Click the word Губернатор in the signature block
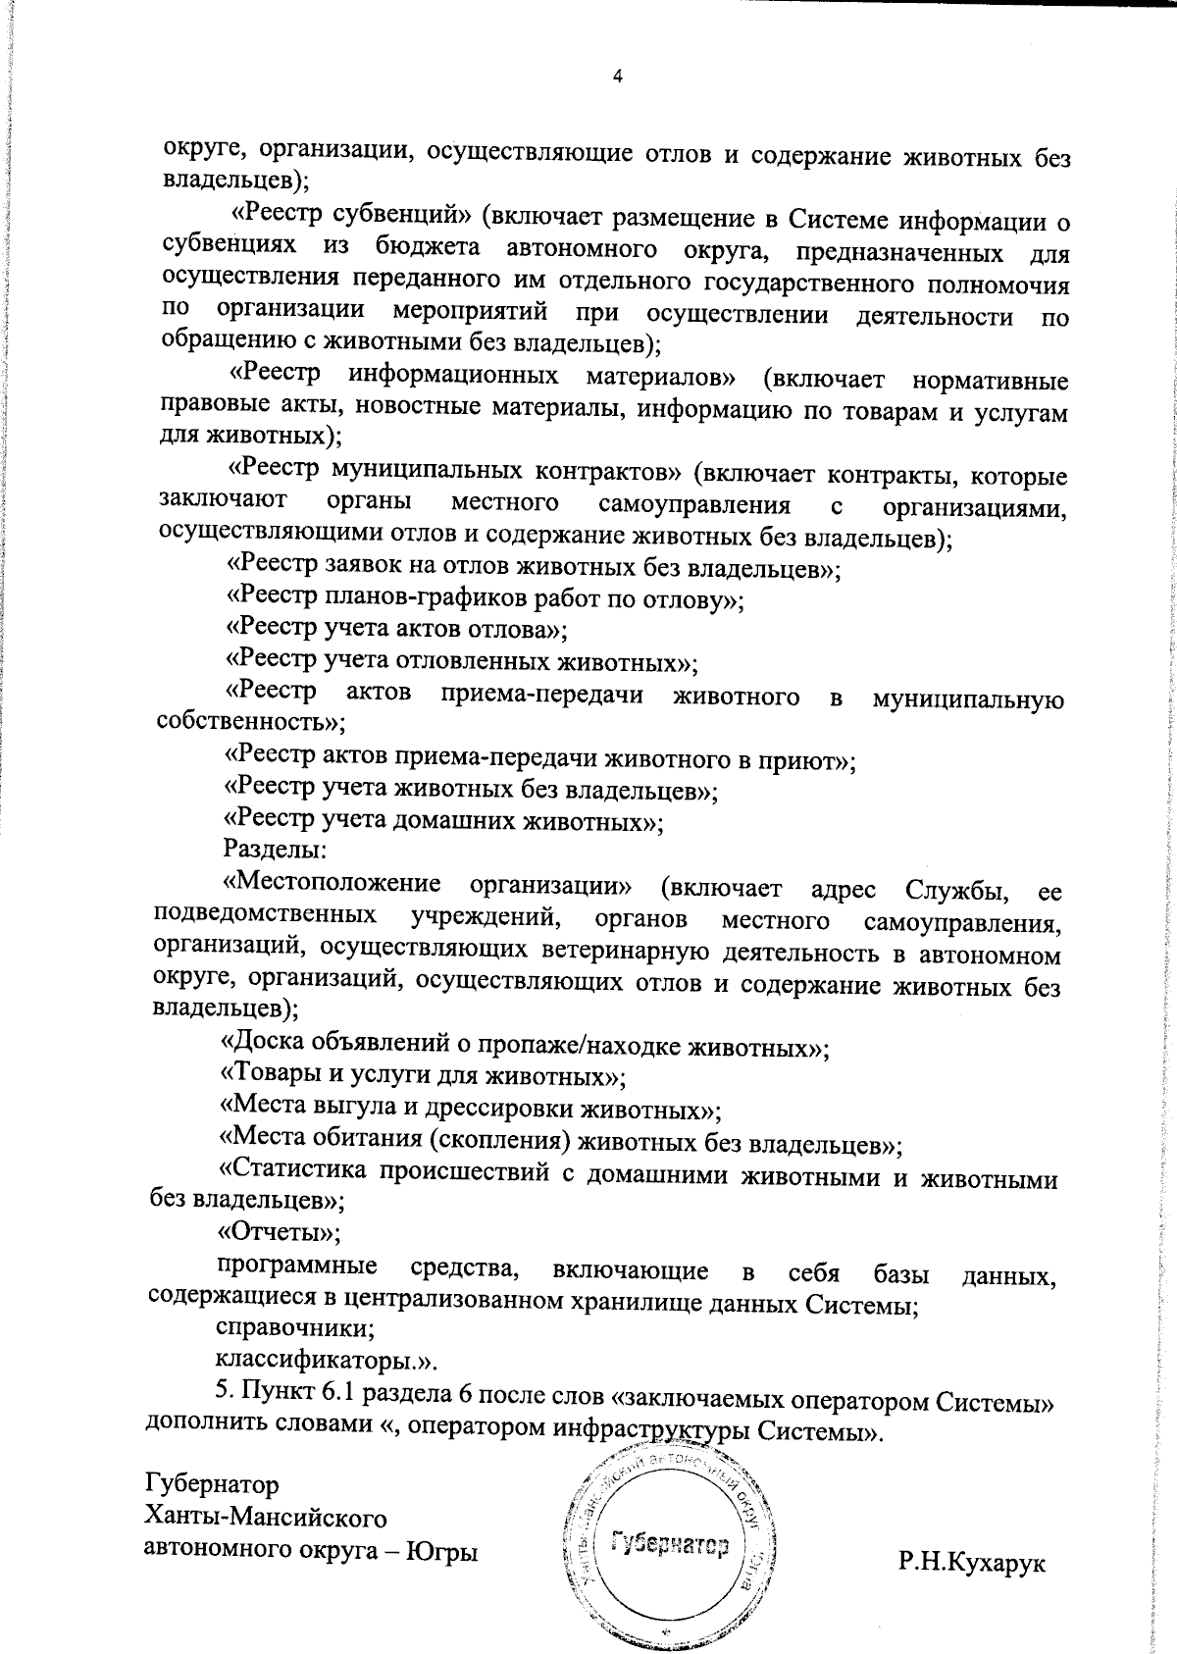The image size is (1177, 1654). pyautogui.click(x=212, y=1482)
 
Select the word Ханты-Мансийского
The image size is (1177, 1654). pyautogui.click(x=266, y=1517)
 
